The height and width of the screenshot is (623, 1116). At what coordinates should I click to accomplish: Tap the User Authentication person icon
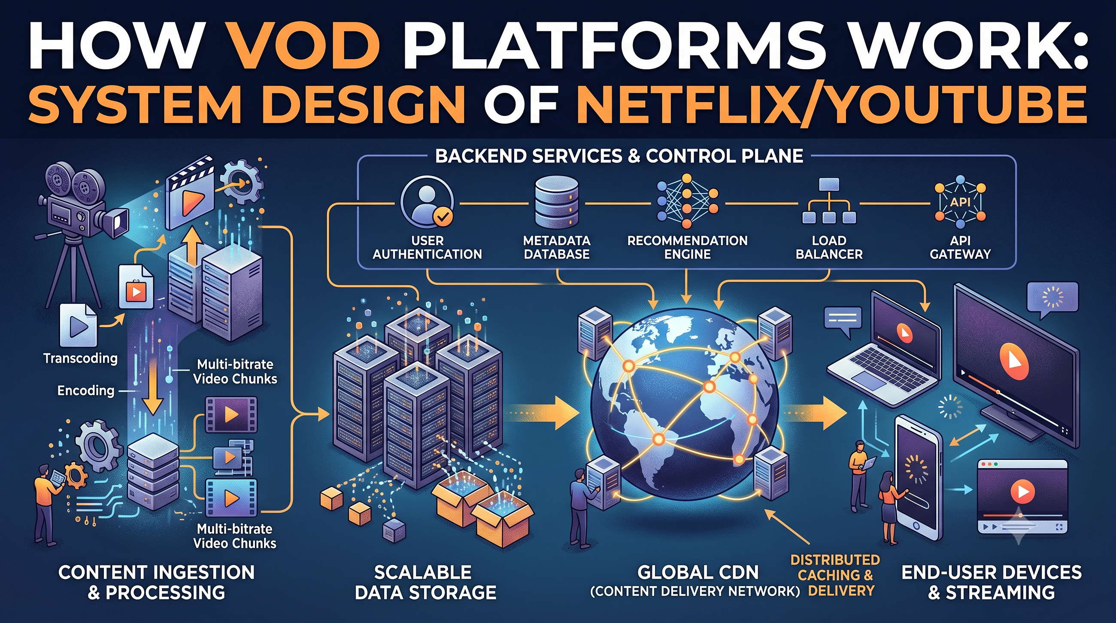coord(427,202)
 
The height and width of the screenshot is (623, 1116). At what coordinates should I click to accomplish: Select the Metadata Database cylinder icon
coord(557,201)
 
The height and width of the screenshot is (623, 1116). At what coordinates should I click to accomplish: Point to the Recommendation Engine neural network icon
coord(687,201)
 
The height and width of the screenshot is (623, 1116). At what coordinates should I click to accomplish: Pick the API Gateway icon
coord(960,201)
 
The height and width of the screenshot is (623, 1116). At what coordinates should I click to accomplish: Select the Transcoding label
coord(81,358)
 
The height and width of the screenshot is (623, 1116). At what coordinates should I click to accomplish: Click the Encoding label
coord(86,391)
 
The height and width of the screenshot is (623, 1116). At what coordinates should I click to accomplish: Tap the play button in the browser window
coord(1022,491)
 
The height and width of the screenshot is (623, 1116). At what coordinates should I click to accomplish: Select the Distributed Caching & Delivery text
coord(835,575)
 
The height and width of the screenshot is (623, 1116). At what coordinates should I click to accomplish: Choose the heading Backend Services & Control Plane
coord(619,156)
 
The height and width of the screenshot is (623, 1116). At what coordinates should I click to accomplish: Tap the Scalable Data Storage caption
coord(425,582)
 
